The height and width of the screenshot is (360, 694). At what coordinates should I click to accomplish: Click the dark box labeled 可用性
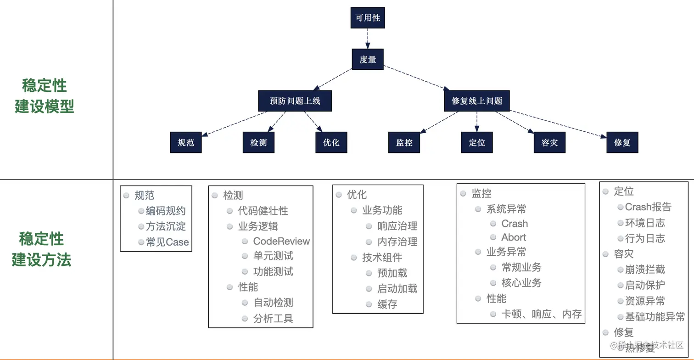[x=368, y=17]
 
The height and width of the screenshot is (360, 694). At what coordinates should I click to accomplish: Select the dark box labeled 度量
[x=368, y=59]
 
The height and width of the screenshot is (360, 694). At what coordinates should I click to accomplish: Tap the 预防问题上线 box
[x=295, y=101]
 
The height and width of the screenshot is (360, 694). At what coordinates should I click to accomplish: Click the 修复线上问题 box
[x=476, y=101]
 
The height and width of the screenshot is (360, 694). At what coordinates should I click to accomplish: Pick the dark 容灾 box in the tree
[x=549, y=142]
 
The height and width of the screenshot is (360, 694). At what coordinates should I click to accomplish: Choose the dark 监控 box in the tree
[x=404, y=142]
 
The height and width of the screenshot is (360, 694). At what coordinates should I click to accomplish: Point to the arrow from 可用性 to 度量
[x=368, y=39]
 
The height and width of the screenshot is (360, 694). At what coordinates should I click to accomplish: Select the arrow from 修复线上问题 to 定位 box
[x=476, y=122]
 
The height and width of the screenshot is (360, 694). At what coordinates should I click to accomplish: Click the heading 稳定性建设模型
[x=45, y=96]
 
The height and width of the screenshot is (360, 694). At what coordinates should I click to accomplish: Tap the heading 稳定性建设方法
[x=41, y=249]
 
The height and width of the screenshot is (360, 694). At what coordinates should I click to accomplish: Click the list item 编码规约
[x=166, y=211]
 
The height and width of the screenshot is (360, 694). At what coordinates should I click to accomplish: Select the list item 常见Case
[x=167, y=242]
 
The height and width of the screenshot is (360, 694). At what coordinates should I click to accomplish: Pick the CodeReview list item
[x=281, y=241]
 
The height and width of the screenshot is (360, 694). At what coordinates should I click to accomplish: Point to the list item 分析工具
[x=273, y=318]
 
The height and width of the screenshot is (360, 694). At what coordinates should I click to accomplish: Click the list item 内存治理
[x=397, y=242]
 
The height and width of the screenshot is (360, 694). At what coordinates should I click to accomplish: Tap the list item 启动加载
[x=397, y=288]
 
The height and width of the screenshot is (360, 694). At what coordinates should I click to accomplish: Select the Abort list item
[x=514, y=237]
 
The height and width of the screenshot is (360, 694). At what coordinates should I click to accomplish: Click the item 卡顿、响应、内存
[x=542, y=314]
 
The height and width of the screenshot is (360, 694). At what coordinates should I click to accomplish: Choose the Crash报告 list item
[x=648, y=207]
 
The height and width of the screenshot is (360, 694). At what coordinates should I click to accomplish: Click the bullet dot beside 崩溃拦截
[x=620, y=270]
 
